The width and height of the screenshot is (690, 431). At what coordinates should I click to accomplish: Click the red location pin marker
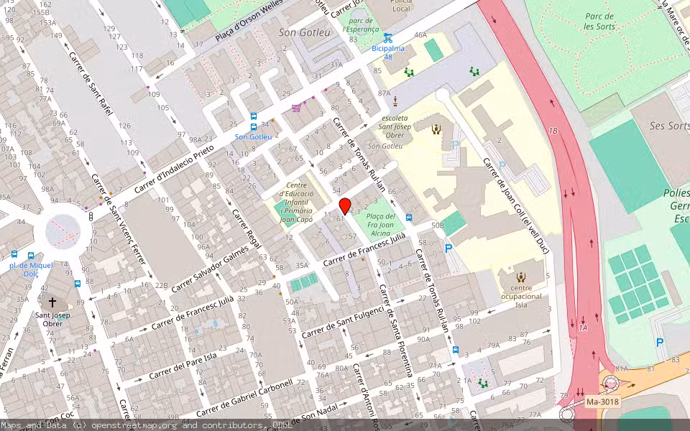point(344,205)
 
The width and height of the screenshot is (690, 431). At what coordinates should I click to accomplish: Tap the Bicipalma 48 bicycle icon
point(387,38)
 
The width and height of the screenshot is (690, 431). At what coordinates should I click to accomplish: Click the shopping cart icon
point(296,108)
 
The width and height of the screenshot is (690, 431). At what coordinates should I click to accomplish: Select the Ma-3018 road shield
point(602,402)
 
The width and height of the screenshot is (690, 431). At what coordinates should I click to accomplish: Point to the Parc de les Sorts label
point(599,21)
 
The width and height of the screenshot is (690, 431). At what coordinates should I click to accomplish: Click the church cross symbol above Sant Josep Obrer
point(52,302)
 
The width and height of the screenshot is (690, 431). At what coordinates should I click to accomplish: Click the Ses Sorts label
point(668,126)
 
